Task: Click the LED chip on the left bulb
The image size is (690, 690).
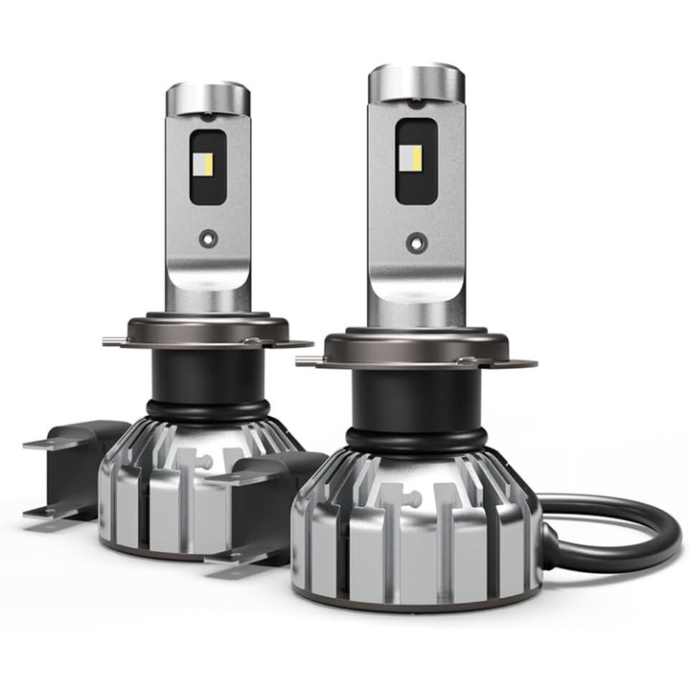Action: [208, 153]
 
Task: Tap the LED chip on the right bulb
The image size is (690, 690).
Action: [417, 160]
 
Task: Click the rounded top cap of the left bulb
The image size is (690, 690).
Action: [208, 97]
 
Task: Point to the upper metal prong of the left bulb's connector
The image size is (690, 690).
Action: [48, 443]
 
